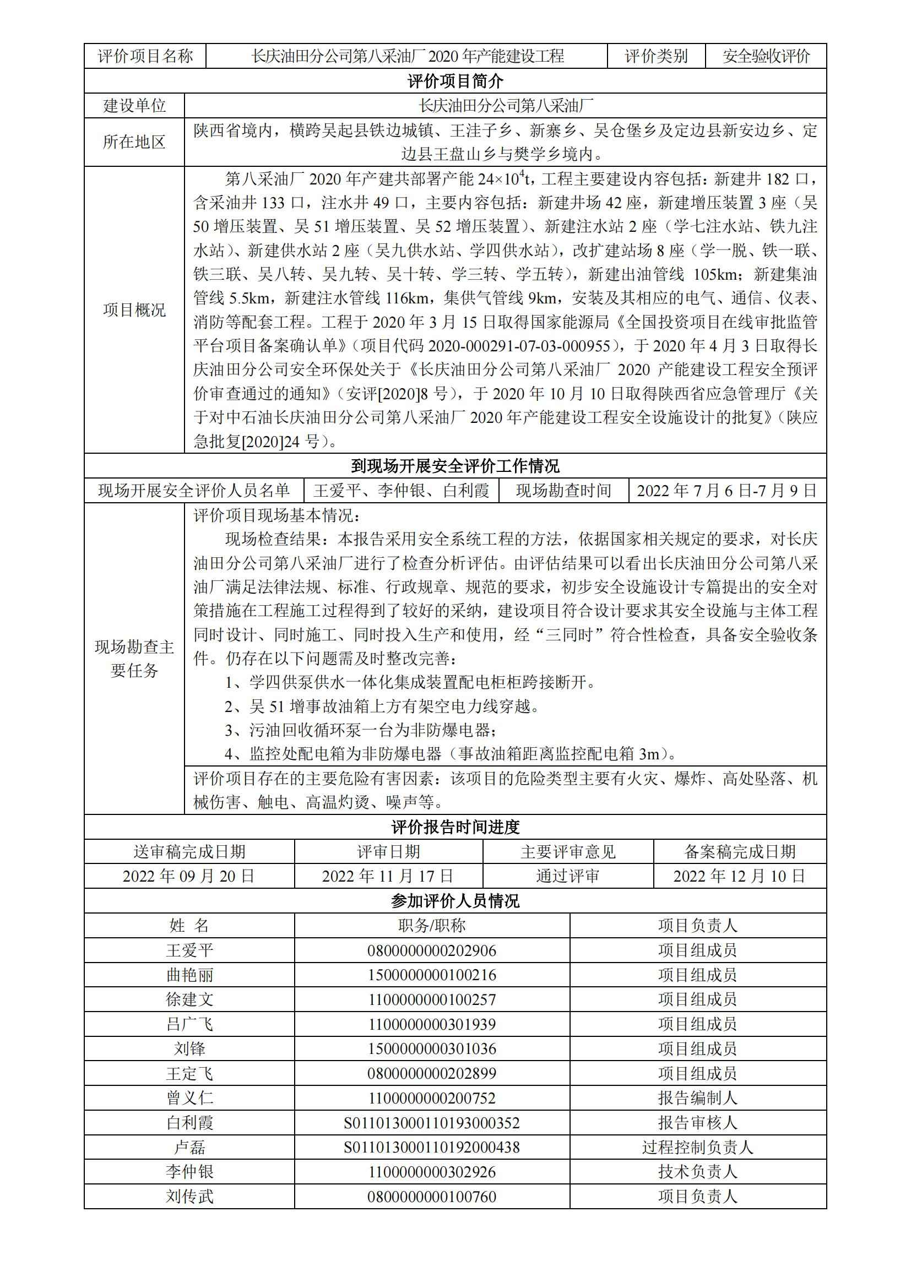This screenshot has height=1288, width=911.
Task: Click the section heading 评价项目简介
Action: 455,81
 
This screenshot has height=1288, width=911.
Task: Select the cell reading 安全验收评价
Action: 766,56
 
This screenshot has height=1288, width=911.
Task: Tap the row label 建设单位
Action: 134,106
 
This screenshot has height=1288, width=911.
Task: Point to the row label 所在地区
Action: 134,142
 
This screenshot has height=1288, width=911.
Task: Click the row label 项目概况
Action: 134,309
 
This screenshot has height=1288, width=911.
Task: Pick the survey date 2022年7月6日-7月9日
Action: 727,491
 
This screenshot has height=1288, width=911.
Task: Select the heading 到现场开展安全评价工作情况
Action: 455,466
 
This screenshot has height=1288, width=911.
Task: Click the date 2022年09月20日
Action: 189,876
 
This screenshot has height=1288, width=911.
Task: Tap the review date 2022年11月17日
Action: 388,876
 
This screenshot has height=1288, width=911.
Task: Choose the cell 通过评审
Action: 568,876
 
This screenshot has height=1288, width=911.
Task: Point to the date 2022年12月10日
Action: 739,876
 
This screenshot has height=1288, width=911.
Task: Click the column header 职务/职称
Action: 432,925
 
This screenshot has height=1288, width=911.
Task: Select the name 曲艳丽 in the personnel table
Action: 189,975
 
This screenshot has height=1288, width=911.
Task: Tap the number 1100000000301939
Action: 432,1024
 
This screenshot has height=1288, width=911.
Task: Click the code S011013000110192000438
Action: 432,1147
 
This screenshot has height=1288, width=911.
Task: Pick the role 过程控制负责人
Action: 697,1147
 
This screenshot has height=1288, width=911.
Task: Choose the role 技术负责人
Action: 697,1172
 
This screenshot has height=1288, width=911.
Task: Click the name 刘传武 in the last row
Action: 189,1197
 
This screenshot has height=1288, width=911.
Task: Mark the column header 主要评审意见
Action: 568,851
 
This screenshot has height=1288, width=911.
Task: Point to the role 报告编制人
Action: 697,1098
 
